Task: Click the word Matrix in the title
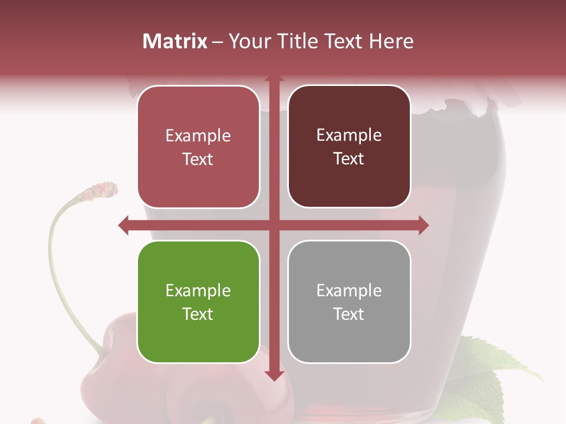(x=175, y=41)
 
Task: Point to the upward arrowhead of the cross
(x=274, y=79)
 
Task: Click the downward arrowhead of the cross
(x=274, y=375)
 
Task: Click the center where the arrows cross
(x=274, y=225)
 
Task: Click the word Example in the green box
(x=198, y=290)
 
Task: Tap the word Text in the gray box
(x=349, y=314)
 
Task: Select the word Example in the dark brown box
(x=349, y=135)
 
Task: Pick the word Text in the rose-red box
(x=198, y=159)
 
